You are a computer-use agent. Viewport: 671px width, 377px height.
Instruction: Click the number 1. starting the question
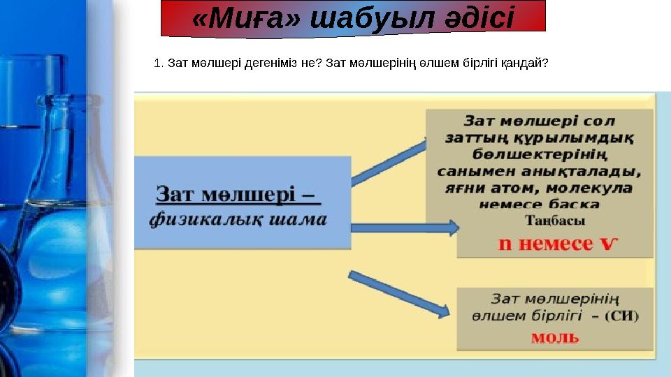pyautogui.click(x=158, y=64)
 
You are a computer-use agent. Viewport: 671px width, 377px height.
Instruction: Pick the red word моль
pyautogui.click(x=555, y=337)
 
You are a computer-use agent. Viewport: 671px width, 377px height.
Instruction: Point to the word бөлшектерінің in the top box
pyautogui.click(x=540, y=154)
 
